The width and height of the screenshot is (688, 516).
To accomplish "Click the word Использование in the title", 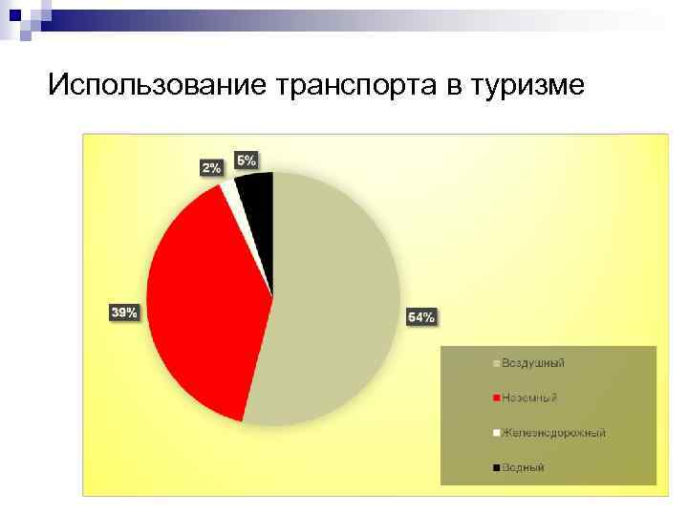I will coord(157,85).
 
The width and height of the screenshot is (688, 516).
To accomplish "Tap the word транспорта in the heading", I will coord(355,85).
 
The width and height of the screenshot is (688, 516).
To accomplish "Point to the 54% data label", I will coord(421,317).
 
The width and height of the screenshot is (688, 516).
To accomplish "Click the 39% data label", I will coord(124,312).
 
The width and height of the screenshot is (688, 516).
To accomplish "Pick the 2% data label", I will coord(210,167).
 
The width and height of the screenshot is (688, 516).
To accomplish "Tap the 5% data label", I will coord(246,161).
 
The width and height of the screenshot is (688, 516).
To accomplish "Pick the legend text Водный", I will coord(523,467).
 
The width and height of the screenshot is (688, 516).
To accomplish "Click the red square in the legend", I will coord(496,398).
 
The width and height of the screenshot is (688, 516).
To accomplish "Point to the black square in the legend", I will coord(496,467).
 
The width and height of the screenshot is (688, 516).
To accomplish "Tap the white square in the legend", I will coord(496,433).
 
